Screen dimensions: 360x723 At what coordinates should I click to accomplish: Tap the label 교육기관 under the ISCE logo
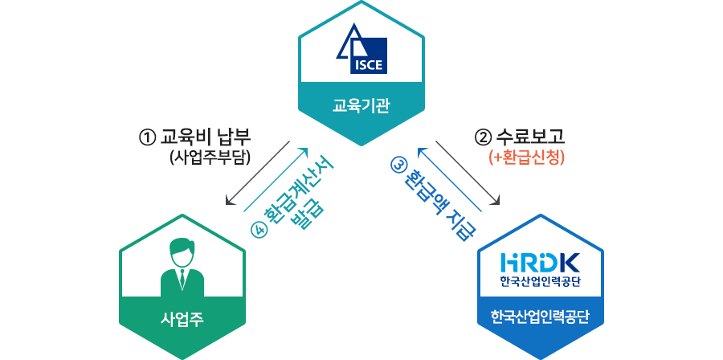coord(361,106)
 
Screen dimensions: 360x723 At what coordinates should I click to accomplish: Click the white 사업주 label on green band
coord(182,319)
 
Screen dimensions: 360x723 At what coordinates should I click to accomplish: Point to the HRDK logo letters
coord(539,262)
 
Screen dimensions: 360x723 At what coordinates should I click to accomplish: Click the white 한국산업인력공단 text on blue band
coord(539,316)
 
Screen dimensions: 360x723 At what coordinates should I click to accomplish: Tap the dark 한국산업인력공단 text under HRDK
coord(539,281)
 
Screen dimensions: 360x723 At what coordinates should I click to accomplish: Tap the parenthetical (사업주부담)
coord(211,157)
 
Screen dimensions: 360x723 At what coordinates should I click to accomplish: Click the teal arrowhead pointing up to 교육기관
coord(304,150)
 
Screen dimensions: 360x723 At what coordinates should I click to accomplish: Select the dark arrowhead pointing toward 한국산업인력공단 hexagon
coord(499,201)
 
